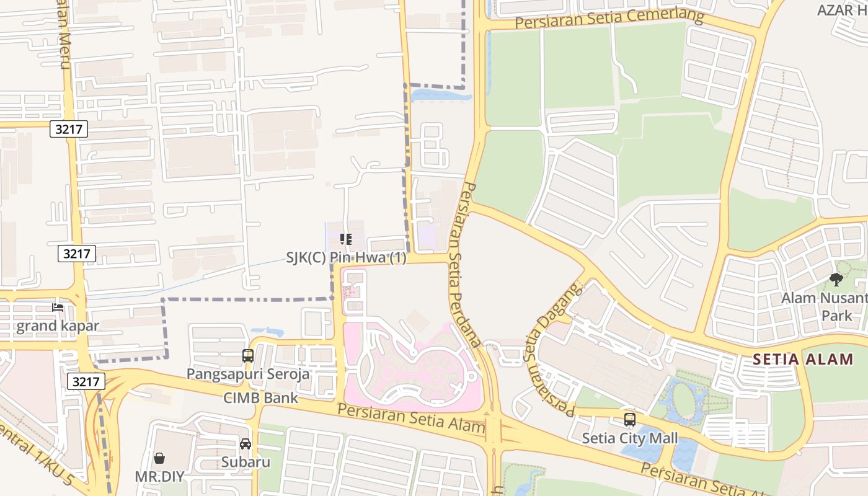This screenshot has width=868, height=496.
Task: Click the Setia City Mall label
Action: [629, 438]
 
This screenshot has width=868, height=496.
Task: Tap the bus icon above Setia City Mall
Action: [630, 420]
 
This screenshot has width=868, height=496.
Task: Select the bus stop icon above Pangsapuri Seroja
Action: [248, 356]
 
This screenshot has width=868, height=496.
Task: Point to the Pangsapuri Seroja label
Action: [248, 374]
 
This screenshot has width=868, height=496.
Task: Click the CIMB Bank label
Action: [261, 397]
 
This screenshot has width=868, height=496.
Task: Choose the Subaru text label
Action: [246, 462]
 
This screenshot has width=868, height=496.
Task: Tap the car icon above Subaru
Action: [246, 444]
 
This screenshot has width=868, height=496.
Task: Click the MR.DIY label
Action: [159, 477]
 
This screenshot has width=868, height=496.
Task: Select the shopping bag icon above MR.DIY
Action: [159, 458]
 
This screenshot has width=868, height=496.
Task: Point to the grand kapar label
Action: [57, 326]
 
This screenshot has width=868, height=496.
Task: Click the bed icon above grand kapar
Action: [58, 308]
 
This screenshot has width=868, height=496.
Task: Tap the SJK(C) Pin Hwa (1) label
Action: [346, 258]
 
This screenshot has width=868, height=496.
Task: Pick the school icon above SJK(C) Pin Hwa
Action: [346, 239]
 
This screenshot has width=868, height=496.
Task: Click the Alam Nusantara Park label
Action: [824, 306]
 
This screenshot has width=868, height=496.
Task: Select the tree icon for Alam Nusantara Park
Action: [836, 280]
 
